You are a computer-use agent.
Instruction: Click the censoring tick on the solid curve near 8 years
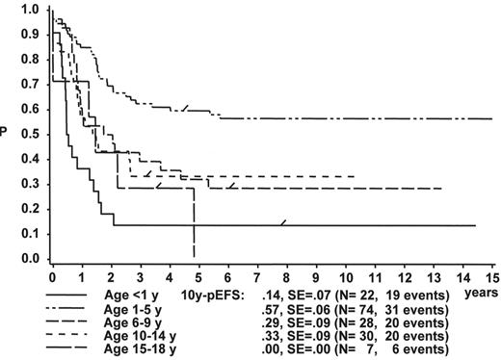point(283,222)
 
